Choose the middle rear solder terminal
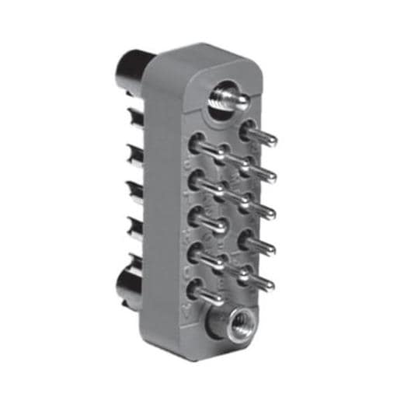134,190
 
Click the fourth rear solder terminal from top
132,227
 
